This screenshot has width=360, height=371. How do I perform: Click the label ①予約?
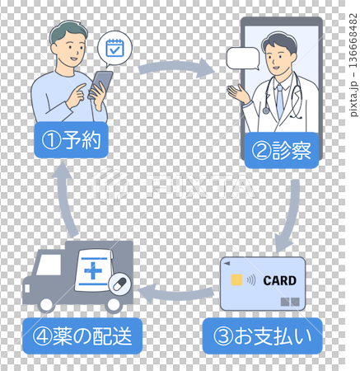70,140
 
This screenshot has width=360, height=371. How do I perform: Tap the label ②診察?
280,150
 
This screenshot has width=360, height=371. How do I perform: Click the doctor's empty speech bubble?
242,59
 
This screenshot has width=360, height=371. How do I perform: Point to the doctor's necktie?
279,101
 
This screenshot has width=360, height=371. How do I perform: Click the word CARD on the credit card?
279,280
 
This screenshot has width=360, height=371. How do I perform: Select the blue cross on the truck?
92,270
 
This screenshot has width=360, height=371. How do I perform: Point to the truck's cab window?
46,265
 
